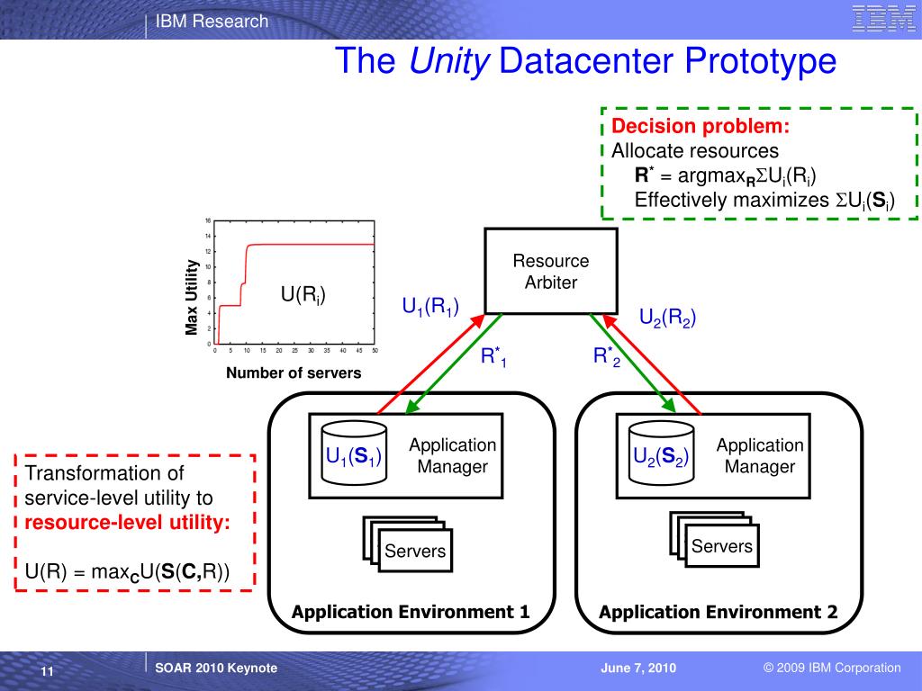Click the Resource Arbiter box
(551, 271)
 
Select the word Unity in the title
(449, 62)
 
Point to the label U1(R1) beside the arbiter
(430, 306)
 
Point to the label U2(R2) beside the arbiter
(667, 317)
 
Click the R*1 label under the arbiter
(493, 357)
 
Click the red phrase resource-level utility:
(127, 522)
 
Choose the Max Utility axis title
(192, 297)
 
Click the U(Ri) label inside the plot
(303, 294)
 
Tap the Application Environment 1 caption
(410, 613)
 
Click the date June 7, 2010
(638, 668)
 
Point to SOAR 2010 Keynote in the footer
(216, 668)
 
